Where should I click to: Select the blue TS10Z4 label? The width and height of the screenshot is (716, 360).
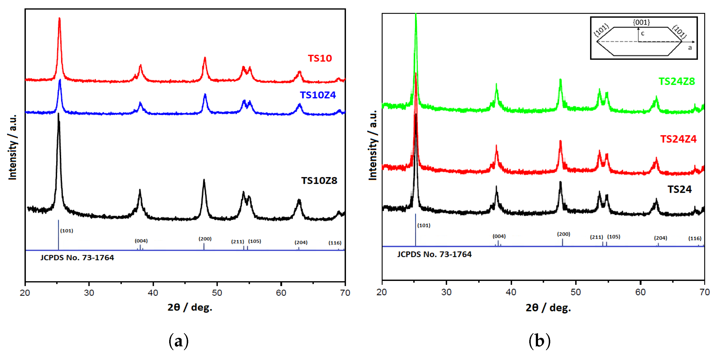318,95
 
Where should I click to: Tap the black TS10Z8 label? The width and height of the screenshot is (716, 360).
319,181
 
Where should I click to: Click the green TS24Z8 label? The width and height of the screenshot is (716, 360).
676,82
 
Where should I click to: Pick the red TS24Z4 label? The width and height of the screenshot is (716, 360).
678,139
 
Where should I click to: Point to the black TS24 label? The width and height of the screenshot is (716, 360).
679,190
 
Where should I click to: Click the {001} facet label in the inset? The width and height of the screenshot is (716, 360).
641,22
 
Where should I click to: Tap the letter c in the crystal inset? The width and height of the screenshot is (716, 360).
643,33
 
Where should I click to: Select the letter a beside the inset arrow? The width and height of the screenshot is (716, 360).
690,48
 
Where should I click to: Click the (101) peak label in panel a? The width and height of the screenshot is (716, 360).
67,231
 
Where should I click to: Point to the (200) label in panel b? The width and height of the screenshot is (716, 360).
563,234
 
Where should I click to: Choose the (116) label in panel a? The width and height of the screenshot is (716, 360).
335,243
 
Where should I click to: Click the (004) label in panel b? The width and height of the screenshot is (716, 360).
499,236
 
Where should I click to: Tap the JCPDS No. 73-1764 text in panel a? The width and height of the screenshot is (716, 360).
77,258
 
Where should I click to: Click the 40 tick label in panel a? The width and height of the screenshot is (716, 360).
153,293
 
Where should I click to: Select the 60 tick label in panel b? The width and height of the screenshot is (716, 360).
640,292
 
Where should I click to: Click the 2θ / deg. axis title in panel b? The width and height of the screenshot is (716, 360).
548,308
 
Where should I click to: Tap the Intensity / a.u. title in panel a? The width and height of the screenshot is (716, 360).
12,147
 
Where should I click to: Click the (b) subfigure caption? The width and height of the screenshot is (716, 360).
539,341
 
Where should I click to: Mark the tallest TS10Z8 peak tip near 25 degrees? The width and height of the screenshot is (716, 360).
58,114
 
